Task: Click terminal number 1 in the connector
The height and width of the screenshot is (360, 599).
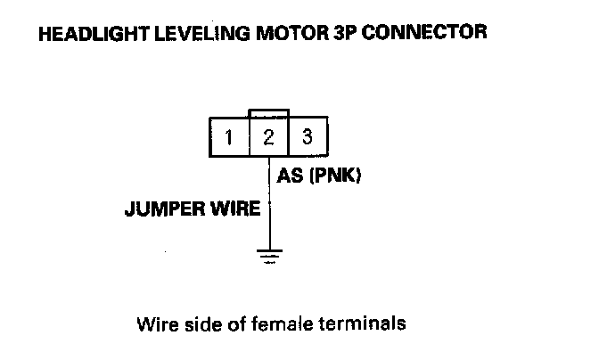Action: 229,138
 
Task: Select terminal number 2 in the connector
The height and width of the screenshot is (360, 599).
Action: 268,138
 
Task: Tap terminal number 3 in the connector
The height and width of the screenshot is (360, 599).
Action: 307,137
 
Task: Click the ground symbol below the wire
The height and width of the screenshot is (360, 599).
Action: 268,257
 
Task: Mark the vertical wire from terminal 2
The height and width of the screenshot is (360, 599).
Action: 268,205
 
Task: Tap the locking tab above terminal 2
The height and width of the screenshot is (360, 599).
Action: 268,115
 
